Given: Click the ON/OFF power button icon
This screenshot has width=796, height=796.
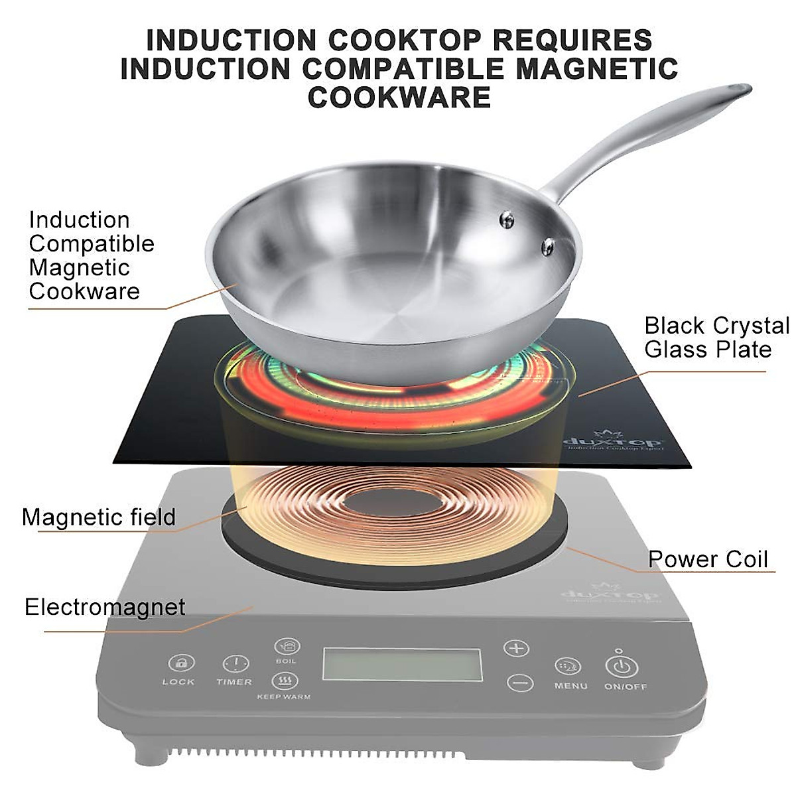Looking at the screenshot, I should (x=621, y=667).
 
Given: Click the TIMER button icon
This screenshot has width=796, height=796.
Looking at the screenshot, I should (x=235, y=664).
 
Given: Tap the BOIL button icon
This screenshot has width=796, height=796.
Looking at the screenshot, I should (x=287, y=645).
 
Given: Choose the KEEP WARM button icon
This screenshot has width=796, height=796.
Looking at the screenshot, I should (x=284, y=681).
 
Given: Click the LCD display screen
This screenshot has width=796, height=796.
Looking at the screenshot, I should (x=402, y=664).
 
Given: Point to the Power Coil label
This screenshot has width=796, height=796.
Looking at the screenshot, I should (x=708, y=559).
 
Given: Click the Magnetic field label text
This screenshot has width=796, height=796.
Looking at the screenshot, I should (x=99, y=517).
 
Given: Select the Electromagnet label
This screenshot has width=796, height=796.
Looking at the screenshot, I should (x=105, y=607).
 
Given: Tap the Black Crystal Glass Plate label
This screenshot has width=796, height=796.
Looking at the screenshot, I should (x=716, y=338).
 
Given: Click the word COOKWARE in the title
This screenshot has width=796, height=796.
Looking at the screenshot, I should (x=399, y=98).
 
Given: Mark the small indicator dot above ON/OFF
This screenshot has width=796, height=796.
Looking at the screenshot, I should (x=619, y=651).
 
